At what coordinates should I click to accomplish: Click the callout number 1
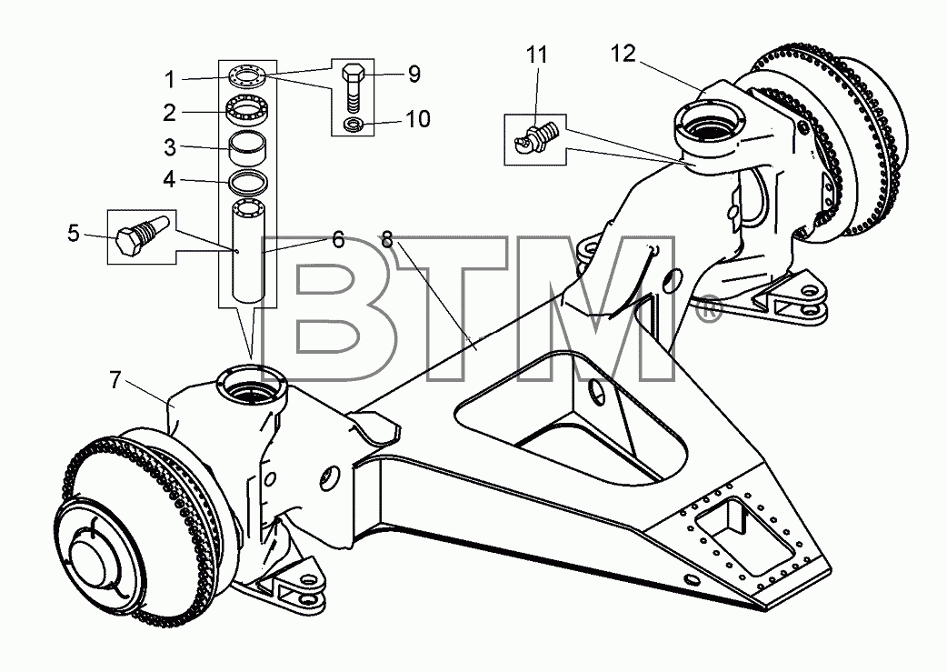170,80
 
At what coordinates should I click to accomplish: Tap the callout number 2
170,113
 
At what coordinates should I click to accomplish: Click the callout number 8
387,239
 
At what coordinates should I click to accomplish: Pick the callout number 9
414,74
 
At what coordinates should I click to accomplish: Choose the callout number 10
417,119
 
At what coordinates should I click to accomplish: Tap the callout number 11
536,55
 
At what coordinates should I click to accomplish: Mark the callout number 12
623,54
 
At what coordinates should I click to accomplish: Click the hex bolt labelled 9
353,87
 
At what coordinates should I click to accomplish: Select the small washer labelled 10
352,125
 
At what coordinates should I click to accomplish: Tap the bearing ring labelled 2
246,110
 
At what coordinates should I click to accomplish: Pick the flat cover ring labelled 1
247,76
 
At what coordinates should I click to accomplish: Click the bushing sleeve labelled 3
246,146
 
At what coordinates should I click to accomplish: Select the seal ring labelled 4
246,180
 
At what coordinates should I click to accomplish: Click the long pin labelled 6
248,250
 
